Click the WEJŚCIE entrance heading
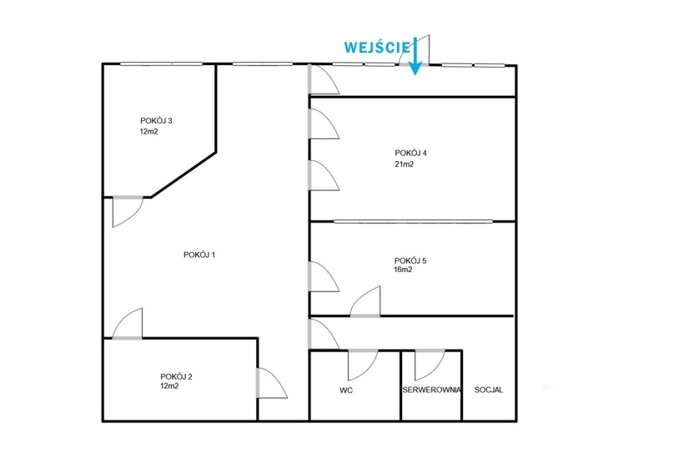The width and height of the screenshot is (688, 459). pyautogui.click(x=377, y=47)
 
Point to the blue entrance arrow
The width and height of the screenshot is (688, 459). pyautogui.click(x=415, y=56)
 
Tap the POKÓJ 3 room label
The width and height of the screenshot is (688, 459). pyautogui.click(x=156, y=121)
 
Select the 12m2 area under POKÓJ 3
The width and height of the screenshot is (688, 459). pyautogui.click(x=148, y=131)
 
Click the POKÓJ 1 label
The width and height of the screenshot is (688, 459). pyautogui.click(x=199, y=255)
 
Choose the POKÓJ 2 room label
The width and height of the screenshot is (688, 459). pyautogui.click(x=176, y=377)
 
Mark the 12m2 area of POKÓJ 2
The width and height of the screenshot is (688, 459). pyautogui.click(x=169, y=386)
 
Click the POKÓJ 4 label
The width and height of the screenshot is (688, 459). pyautogui.click(x=410, y=154)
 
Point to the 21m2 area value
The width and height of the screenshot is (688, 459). pyautogui.click(x=404, y=164)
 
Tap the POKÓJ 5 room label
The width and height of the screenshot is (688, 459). pyautogui.click(x=410, y=261)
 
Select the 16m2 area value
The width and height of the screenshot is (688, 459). pyautogui.click(x=404, y=270)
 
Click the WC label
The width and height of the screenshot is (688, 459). pyautogui.click(x=346, y=390)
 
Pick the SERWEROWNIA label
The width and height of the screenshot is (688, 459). pyautogui.click(x=432, y=390)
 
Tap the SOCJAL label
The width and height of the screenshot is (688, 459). pyautogui.click(x=489, y=390)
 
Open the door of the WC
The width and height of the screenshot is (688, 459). pyautogui.click(x=363, y=365)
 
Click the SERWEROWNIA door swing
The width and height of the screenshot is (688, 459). pyautogui.click(x=430, y=365)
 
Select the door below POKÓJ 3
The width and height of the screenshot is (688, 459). pyautogui.click(x=128, y=212)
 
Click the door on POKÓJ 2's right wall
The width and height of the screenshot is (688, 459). pyautogui.click(x=272, y=383)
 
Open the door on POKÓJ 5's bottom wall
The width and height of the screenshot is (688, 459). pyautogui.click(x=365, y=302)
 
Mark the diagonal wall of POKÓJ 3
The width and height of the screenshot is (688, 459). pyautogui.click(x=183, y=174)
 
